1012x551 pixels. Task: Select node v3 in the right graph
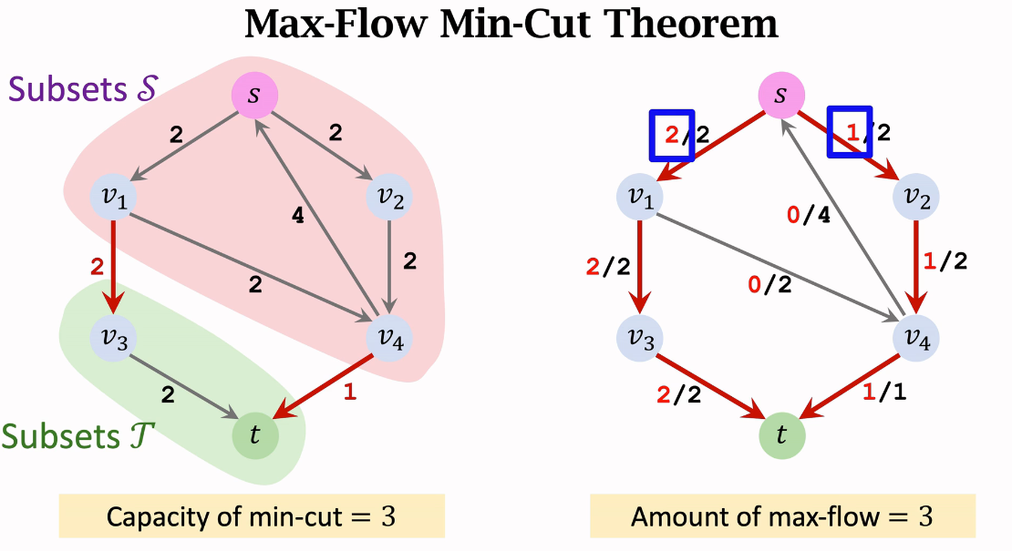[x=640, y=336]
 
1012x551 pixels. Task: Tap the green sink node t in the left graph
[x=254, y=434]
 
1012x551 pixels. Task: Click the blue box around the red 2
[x=671, y=135]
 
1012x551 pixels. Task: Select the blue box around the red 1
[x=850, y=132]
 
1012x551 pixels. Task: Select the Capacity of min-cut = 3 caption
[x=252, y=517]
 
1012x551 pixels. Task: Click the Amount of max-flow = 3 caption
[x=781, y=517]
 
